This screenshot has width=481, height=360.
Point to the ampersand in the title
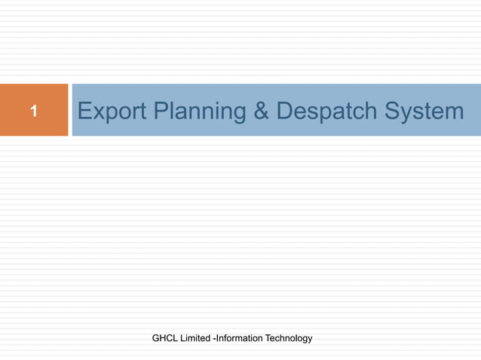[x=260, y=111]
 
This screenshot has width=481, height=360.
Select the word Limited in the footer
[x=195, y=339]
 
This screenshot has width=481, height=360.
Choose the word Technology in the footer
[x=287, y=339]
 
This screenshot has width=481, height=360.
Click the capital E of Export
[x=84, y=111]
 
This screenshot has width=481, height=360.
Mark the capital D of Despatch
[x=284, y=111]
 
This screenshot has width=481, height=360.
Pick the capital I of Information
[x=219, y=339]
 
